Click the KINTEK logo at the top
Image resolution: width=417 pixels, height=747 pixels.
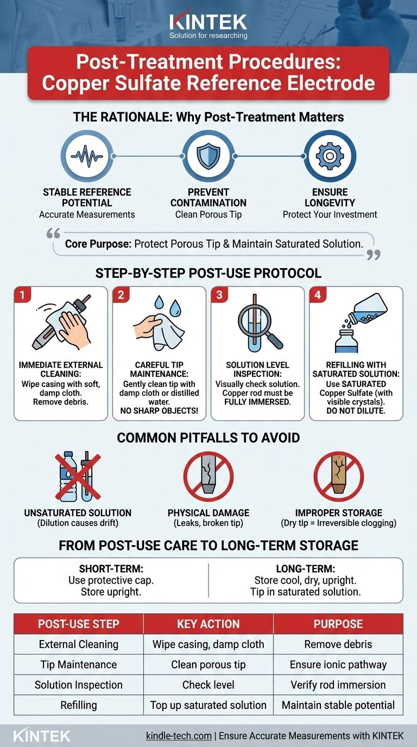tap(208, 26)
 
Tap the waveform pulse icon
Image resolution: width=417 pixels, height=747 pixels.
tap(87, 156)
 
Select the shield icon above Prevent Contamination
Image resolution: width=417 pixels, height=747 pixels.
tap(208, 156)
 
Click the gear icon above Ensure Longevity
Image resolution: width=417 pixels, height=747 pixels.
tap(330, 156)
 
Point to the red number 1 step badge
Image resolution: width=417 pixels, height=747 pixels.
tap(22, 295)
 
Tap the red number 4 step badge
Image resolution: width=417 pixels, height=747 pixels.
tap(318, 295)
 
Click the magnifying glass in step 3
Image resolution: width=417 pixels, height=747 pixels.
tap(258, 325)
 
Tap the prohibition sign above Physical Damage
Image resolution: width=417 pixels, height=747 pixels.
tap(208, 476)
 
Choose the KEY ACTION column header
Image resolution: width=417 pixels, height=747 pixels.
tap(208, 624)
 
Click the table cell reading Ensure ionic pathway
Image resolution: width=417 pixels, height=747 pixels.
tap(338, 664)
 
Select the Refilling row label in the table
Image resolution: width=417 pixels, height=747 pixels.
tap(79, 705)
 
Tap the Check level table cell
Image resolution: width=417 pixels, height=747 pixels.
tap(208, 685)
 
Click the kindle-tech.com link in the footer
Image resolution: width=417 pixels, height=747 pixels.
tap(179, 736)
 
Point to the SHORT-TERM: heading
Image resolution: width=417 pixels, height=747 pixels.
tap(111, 568)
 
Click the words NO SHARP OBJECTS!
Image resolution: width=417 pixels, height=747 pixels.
tap(159, 411)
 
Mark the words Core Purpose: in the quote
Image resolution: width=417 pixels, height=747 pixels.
tap(98, 244)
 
